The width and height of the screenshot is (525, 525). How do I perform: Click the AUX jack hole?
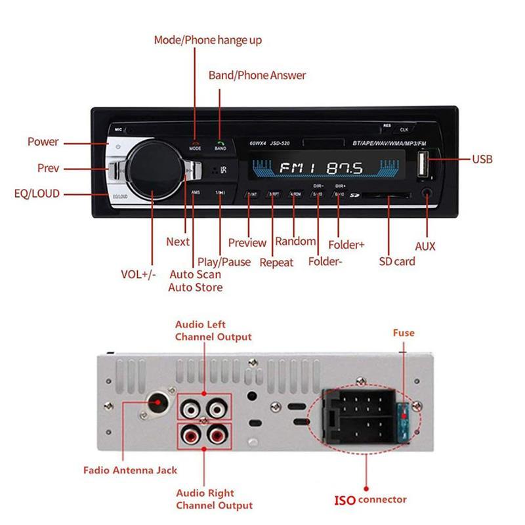click(x=427, y=194)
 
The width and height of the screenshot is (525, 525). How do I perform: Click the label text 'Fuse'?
click(x=404, y=333)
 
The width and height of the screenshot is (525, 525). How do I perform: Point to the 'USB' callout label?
click(x=482, y=159)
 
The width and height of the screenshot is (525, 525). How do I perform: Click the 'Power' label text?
click(x=43, y=142)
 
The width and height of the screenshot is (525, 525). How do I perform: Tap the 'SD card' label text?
click(x=397, y=261)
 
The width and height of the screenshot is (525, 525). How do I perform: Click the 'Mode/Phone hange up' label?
click(x=208, y=40)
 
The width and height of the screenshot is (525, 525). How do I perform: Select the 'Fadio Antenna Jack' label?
click(x=130, y=470)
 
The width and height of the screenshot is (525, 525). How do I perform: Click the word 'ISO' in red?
click(x=345, y=500)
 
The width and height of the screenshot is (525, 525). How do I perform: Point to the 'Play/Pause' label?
click(x=224, y=262)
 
